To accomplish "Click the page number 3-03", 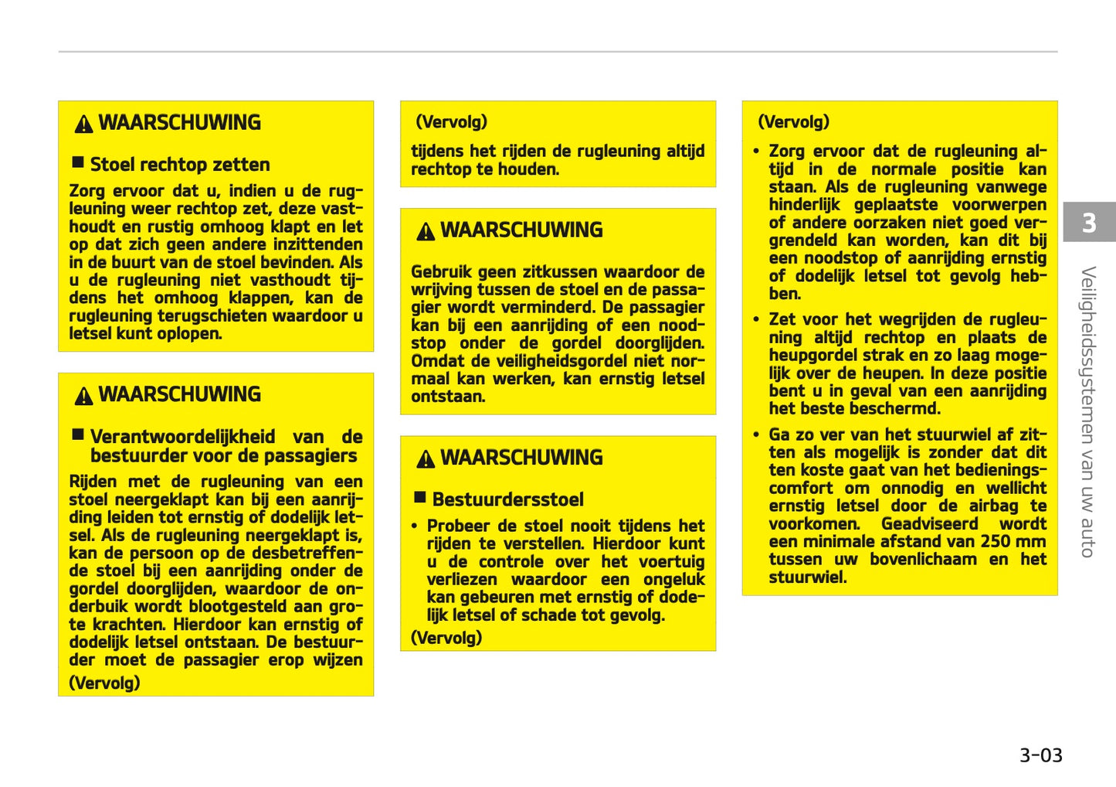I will click(x=1040, y=755).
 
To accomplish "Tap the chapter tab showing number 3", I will click(x=1089, y=223).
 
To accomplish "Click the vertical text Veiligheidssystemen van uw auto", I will click(x=1088, y=411).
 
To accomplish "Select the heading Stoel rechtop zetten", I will click(x=180, y=165).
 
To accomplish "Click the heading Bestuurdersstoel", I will click(x=507, y=499).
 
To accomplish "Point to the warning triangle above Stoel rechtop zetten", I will click(x=83, y=124).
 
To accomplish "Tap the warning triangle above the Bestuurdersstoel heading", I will click(x=426, y=459).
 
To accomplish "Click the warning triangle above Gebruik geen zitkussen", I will click(x=426, y=231).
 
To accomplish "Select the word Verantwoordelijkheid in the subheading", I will click(x=182, y=437).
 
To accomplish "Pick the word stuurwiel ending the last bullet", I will click(x=807, y=577).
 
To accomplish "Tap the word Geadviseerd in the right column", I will click(x=929, y=524).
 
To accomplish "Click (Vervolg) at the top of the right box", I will click(x=794, y=122).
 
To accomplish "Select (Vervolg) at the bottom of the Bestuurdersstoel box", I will click(x=446, y=638).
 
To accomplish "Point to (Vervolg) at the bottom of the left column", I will click(x=104, y=683).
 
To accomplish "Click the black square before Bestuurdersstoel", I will click(x=420, y=498).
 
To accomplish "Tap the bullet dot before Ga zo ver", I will click(x=757, y=435).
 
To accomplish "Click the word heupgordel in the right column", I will click(x=808, y=356).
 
